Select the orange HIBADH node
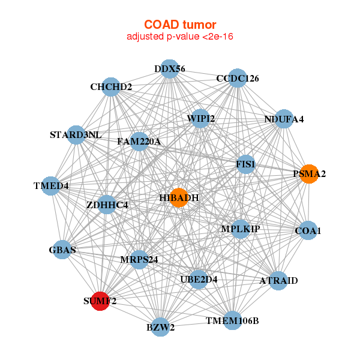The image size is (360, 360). pos(179,197)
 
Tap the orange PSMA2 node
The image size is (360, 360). pos(308,174)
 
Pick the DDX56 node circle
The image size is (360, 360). pos(169,69)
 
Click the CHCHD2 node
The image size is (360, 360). pos(110,87)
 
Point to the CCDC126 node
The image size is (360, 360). pos(238,79)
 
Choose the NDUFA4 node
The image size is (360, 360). pos(284,119)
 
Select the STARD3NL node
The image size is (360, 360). pos(76,134)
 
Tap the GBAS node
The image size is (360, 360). pos(62,250)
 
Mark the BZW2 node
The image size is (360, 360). pos(160,327)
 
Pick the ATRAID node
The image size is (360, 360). pos(278,280)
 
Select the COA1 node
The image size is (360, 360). pos(308,230)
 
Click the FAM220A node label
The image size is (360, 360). pos(139,142)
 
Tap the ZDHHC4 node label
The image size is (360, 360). pos(107,205)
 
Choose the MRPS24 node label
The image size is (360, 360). pos(139,259)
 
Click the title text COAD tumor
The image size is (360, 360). pos(180,25)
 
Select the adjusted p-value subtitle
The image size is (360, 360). pos(180,37)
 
